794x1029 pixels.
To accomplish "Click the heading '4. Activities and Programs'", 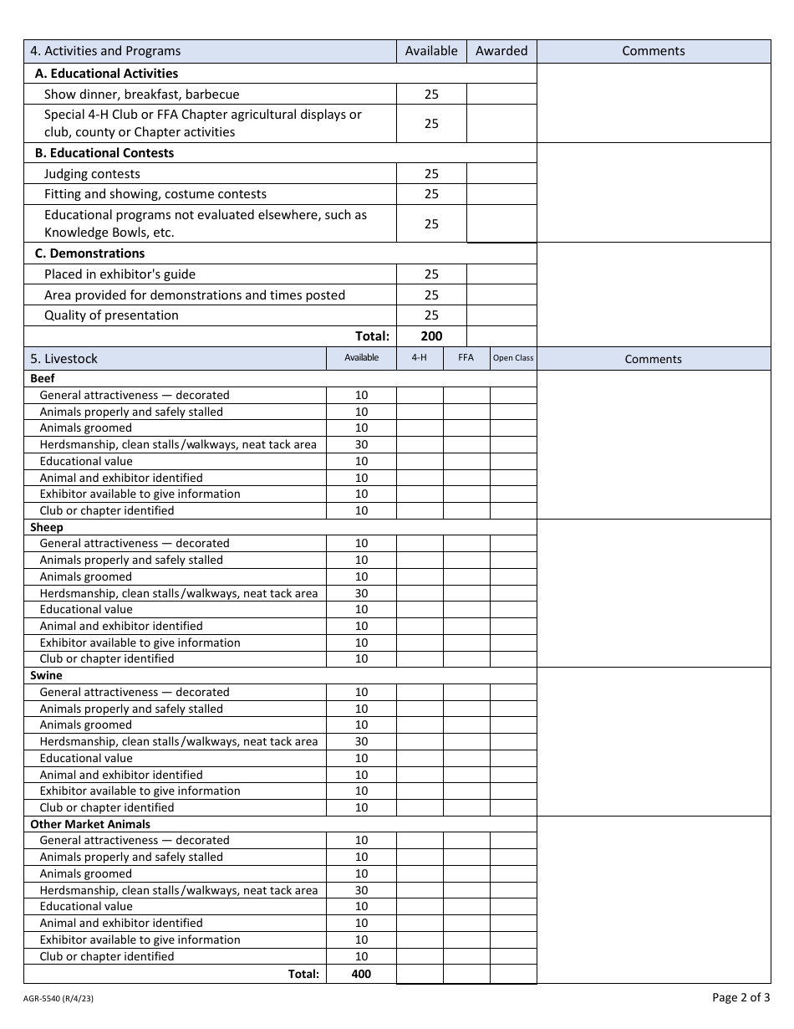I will [105, 51].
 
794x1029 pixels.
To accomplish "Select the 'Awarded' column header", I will [501, 51].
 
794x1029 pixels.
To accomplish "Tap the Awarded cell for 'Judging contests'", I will [501, 174].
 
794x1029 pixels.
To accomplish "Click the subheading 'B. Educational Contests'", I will [104, 153].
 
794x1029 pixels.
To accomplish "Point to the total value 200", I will [431, 336].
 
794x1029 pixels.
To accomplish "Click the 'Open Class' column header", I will [513, 358].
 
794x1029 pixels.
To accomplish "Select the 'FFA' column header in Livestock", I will [466, 358].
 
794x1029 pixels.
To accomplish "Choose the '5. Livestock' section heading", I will [64, 359].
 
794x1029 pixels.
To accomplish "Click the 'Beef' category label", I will [43, 379].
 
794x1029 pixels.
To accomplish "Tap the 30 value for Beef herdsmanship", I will [361, 444].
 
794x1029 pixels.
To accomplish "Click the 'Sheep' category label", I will [47, 527].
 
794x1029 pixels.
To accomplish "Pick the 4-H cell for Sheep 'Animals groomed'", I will [420, 576].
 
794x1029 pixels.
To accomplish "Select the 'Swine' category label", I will [46, 675].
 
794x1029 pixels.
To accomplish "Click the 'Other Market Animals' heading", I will [90, 824].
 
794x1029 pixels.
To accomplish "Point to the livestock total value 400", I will [361, 974].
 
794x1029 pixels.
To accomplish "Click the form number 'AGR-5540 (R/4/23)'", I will [58, 998].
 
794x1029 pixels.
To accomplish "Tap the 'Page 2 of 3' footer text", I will [741, 997].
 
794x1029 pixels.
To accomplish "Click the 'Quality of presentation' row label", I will [111, 315].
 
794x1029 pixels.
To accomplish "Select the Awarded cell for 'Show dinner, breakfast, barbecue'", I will [501, 95].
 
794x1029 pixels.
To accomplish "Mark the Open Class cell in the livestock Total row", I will [513, 974].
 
